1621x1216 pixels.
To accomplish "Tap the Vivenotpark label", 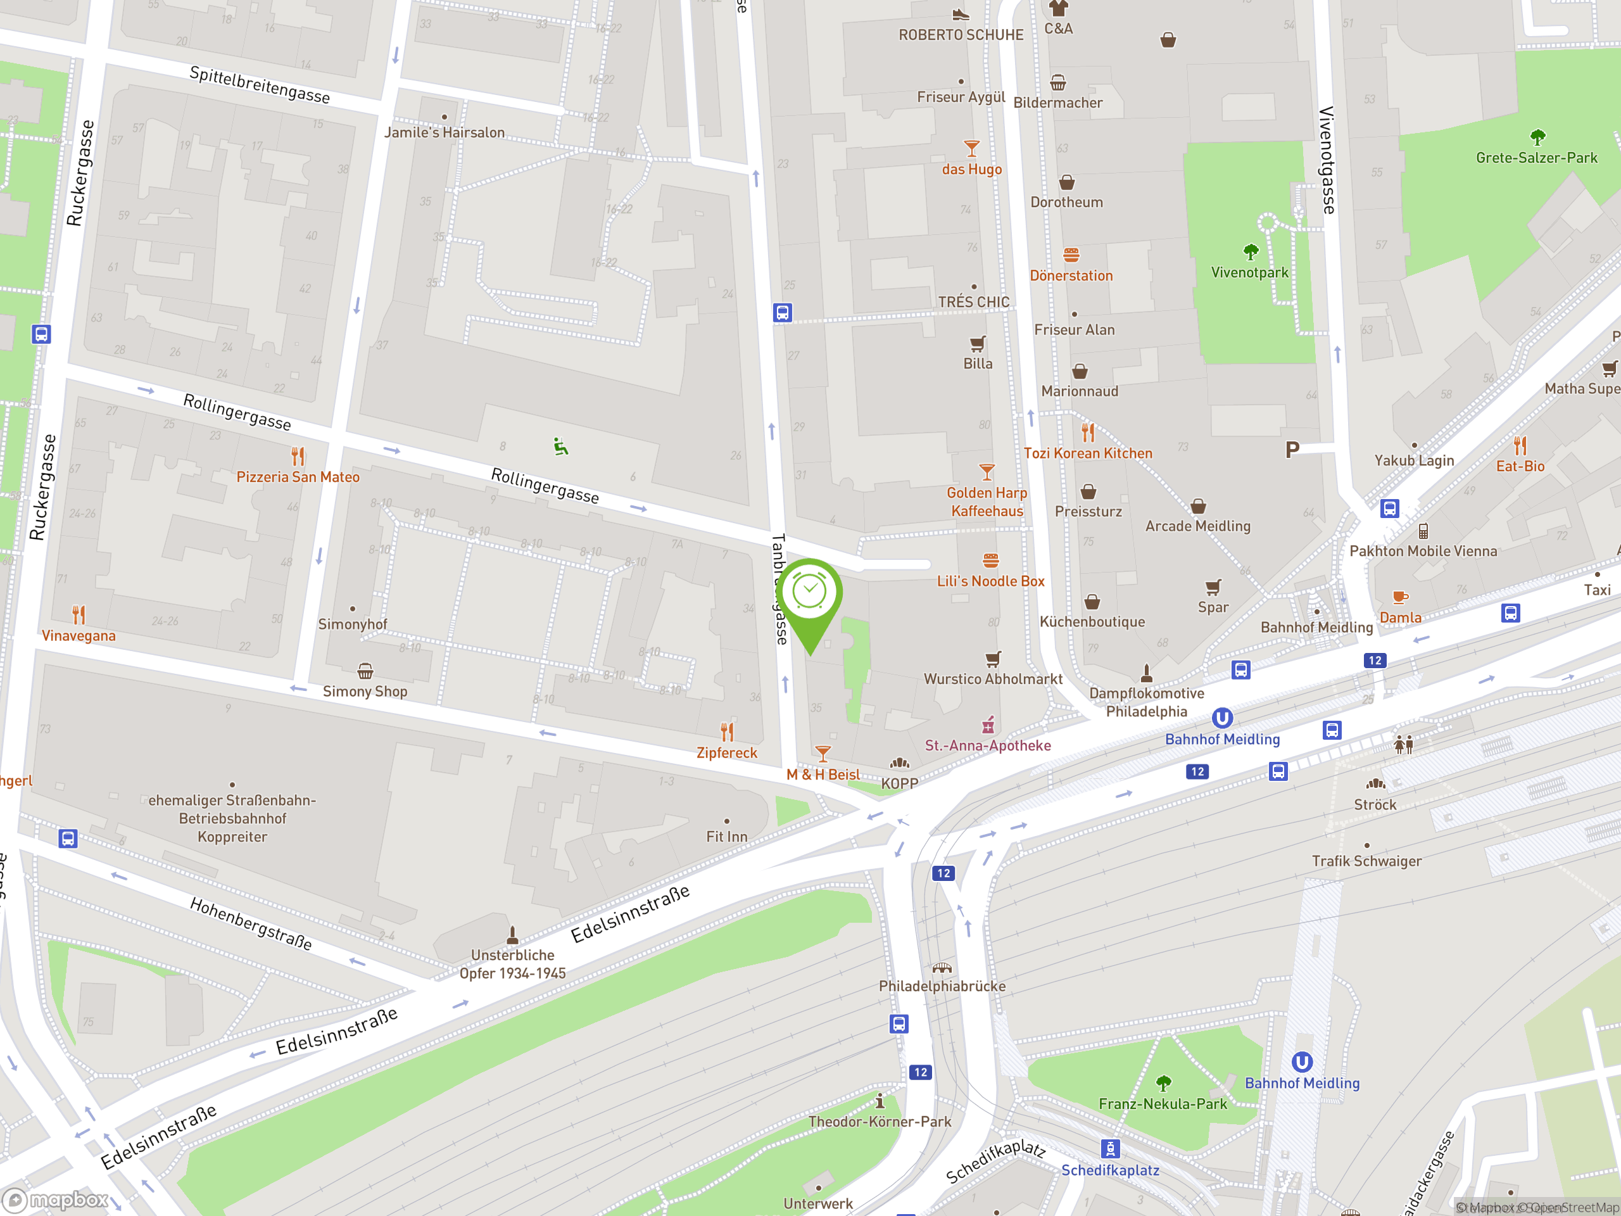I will click(x=1249, y=273).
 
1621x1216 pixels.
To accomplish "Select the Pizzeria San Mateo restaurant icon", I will click(x=298, y=457).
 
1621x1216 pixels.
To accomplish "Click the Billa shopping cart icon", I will click(x=978, y=344).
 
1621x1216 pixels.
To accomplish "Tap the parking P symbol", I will click(x=1292, y=449).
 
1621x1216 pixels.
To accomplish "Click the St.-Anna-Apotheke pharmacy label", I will click(x=987, y=745).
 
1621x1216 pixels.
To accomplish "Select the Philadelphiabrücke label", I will click(x=942, y=986).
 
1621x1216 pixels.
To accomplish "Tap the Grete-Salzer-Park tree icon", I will click(x=1537, y=137).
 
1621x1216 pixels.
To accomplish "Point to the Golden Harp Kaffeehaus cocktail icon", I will click(x=987, y=472).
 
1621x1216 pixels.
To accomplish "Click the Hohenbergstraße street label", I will click(x=251, y=923).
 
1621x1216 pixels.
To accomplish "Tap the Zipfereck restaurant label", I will click(x=726, y=753).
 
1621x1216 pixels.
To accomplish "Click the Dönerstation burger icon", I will click(x=1071, y=255).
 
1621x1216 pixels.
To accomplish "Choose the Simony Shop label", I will click(x=365, y=691).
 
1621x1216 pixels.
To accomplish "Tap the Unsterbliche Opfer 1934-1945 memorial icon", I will click(x=512, y=935).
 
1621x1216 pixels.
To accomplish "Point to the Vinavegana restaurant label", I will click(x=79, y=635).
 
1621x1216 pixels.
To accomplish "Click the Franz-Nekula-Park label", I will click(x=1163, y=1104).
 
